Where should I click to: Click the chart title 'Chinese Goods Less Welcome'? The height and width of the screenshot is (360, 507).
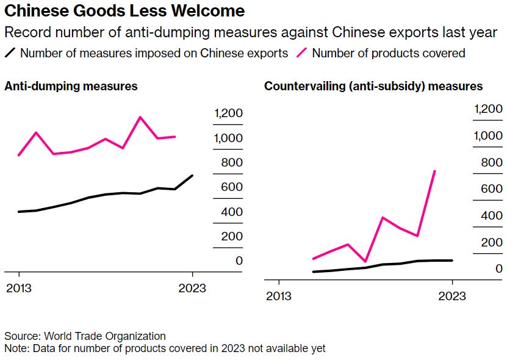125,11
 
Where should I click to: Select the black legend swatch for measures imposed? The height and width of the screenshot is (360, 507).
10,53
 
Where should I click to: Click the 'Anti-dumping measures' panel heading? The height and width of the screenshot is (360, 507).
71,86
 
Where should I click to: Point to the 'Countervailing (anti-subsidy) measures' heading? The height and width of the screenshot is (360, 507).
373,86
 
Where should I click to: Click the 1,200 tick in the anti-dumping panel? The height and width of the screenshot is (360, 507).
228,113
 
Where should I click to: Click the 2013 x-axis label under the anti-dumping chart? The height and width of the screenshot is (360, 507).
19,288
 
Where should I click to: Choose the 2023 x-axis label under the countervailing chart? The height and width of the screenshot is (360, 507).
452,296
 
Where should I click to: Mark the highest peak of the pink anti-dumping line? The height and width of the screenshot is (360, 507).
140,117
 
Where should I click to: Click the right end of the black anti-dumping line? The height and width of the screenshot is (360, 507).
193,176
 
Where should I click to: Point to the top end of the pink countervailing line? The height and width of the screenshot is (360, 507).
434,171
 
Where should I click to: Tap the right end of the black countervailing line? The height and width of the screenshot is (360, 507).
452,261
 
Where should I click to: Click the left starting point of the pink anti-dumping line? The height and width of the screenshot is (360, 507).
19,155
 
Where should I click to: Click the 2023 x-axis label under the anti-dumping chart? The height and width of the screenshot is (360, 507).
193,288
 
